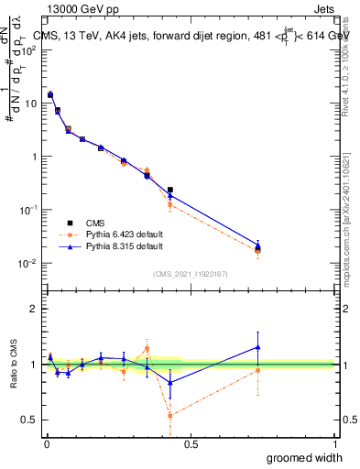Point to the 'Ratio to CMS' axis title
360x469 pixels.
(x=14, y=365)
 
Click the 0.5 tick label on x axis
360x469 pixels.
(x=191, y=444)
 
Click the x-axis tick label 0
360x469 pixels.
(x=47, y=444)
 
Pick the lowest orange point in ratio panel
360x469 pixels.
(x=170, y=415)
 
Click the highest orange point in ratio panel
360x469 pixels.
(x=147, y=348)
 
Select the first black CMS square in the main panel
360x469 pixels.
(x=50, y=94)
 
